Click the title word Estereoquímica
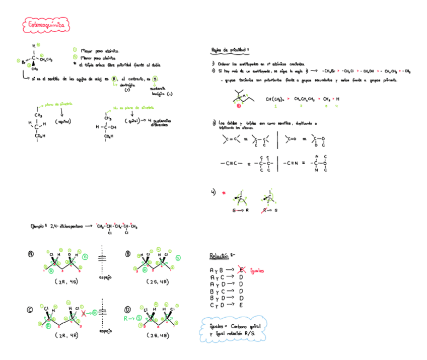click(46, 24)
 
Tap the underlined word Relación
click(220, 256)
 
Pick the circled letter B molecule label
click(128, 254)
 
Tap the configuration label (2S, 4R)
click(160, 282)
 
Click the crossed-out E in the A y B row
click(242, 270)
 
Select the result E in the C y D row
click(241, 305)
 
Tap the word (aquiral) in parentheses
click(63, 122)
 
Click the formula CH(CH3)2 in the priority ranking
click(276, 99)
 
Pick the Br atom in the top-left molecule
click(24, 62)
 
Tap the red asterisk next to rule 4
click(224, 192)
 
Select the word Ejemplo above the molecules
click(39, 227)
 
